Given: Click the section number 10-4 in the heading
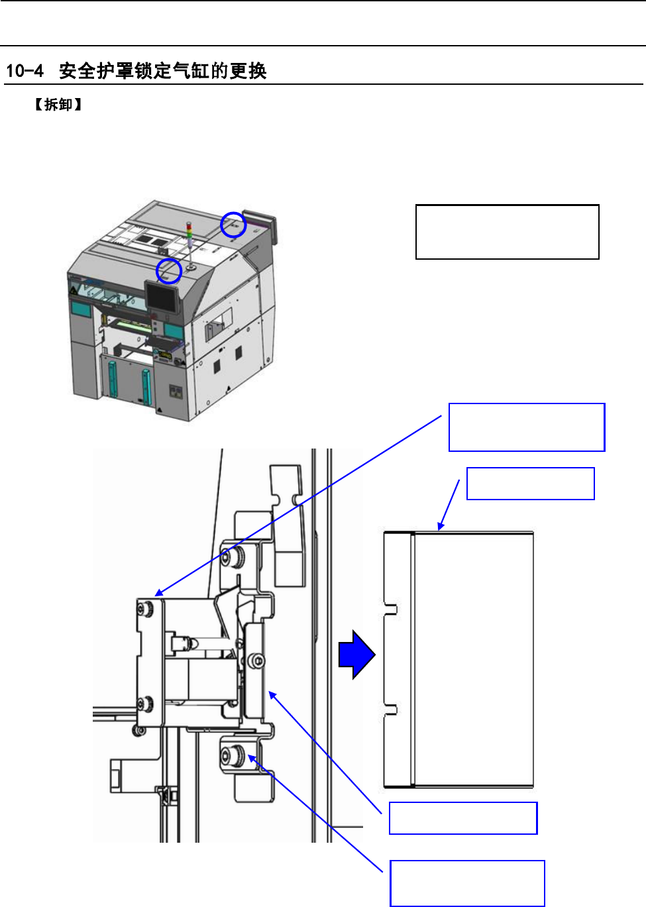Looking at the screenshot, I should tap(25, 70).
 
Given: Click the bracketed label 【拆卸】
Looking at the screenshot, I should tap(58, 105).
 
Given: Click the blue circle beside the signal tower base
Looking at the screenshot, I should tap(169, 270).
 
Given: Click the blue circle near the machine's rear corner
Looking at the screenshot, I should tap(233, 225).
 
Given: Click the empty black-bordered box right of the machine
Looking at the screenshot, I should tap(507, 232).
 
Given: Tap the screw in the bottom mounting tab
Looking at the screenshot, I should tap(231, 755).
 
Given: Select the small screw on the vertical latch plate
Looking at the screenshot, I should tap(257, 661).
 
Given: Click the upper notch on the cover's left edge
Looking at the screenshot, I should tap(391, 609).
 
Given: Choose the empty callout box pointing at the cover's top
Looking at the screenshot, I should tap(530, 484).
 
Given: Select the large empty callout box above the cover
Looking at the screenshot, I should tap(527, 427).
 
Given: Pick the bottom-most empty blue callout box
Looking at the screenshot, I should tap(467, 883).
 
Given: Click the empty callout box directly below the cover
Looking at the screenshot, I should tap(463, 818).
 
